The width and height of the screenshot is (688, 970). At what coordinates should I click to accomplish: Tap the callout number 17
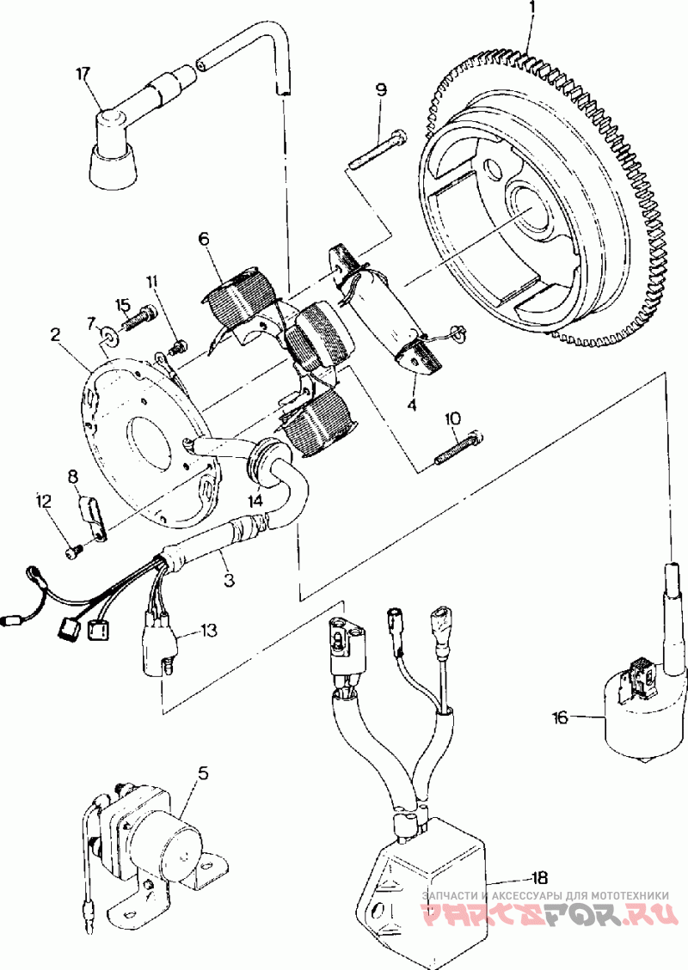(x=83, y=74)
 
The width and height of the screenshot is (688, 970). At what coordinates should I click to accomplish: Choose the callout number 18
(x=538, y=878)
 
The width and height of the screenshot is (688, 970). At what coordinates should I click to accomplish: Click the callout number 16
(x=560, y=717)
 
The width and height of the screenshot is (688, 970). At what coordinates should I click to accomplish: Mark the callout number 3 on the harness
(x=229, y=580)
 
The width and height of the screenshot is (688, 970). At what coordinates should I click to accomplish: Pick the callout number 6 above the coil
(x=204, y=238)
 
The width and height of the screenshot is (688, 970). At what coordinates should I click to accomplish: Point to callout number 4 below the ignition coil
(x=411, y=406)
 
